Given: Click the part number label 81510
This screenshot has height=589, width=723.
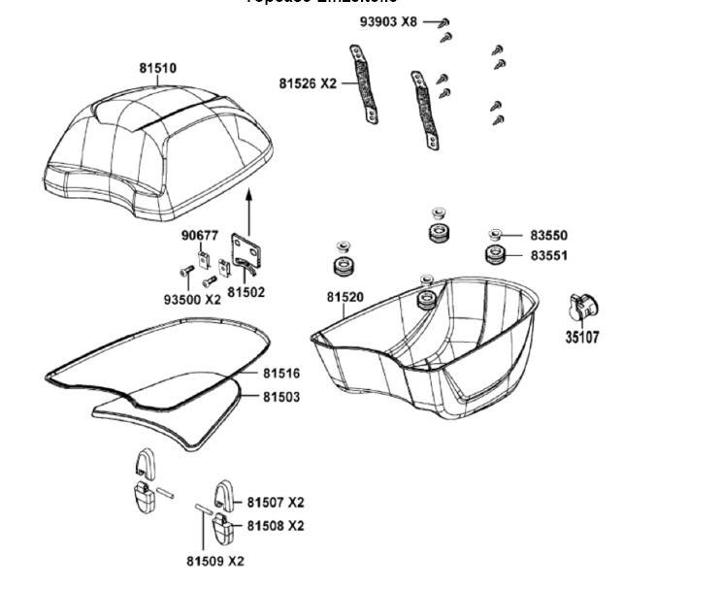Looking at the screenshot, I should click(x=157, y=69).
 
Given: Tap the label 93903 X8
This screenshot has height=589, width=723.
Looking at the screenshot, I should click(x=388, y=21).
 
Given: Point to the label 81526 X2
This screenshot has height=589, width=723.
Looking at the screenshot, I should click(x=308, y=84).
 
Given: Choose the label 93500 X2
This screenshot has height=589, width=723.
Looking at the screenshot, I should click(x=192, y=300).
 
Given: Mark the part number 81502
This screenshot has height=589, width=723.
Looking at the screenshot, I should click(x=246, y=292).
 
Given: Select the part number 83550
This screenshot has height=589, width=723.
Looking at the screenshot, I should click(x=548, y=236).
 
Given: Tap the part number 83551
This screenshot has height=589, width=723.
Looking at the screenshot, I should click(x=548, y=256).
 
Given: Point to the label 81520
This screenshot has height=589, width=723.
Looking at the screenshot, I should click(x=345, y=297).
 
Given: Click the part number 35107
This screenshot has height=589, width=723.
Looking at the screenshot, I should click(x=582, y=339).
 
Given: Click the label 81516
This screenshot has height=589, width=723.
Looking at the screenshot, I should click(x=280, y=374).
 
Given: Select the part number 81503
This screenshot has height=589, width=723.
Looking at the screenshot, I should click(x=280, y=397).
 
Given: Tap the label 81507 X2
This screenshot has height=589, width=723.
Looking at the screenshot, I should click(x=275, y=503).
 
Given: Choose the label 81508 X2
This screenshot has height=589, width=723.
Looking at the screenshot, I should click(x=275, y=526).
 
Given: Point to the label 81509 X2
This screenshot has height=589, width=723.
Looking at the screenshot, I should click(x=214, y=561).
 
